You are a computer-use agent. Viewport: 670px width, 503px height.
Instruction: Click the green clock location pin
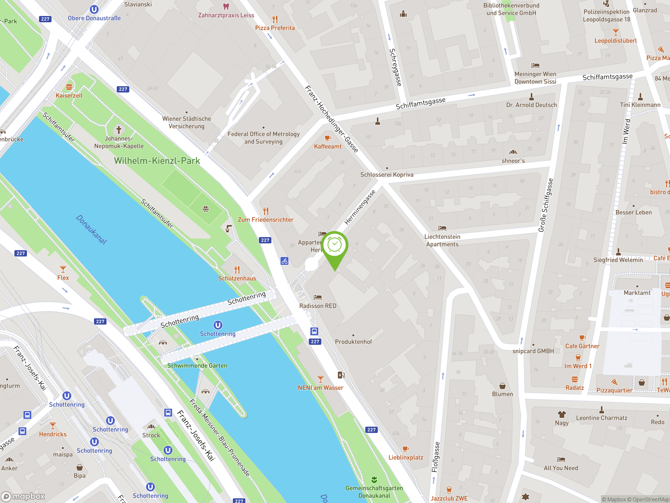point(335,245)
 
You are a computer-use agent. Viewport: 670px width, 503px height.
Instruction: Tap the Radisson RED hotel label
point(318,306)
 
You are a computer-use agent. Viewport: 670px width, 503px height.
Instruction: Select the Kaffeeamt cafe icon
point(327,138)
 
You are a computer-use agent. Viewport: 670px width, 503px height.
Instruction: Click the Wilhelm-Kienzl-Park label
point(157,161)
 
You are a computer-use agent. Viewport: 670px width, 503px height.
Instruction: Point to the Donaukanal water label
point(91,229)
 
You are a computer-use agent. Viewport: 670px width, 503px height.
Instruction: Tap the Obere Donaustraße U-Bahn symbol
point(94,10)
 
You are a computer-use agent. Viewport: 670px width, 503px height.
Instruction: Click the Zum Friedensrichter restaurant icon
point(266,211)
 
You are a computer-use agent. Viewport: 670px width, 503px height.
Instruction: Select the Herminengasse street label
point(360,207)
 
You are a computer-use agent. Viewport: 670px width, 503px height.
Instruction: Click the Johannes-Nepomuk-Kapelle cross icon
point(119,130)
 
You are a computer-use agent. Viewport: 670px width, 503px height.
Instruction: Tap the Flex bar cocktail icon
point(63,269)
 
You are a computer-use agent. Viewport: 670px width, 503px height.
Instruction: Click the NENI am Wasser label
point(320,388)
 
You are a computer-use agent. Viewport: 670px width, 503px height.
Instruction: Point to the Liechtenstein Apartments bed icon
point(442,228)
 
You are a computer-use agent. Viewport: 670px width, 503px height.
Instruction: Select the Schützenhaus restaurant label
point(237,278)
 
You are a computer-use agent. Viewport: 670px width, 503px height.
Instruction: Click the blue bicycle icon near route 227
point(284,261)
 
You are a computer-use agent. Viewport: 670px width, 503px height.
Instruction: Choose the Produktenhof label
point(353,342)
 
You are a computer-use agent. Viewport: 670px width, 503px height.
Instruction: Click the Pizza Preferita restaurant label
point(275,28)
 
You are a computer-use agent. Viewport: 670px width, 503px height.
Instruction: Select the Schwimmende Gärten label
point(197,366)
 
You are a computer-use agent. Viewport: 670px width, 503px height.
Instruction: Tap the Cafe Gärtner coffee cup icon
point(582,338)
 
